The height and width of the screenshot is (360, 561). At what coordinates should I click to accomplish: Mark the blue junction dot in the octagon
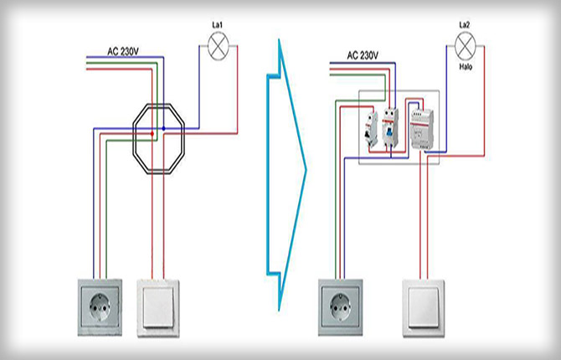[164, 128]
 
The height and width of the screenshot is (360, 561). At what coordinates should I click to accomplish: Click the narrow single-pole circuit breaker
[370, 130]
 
